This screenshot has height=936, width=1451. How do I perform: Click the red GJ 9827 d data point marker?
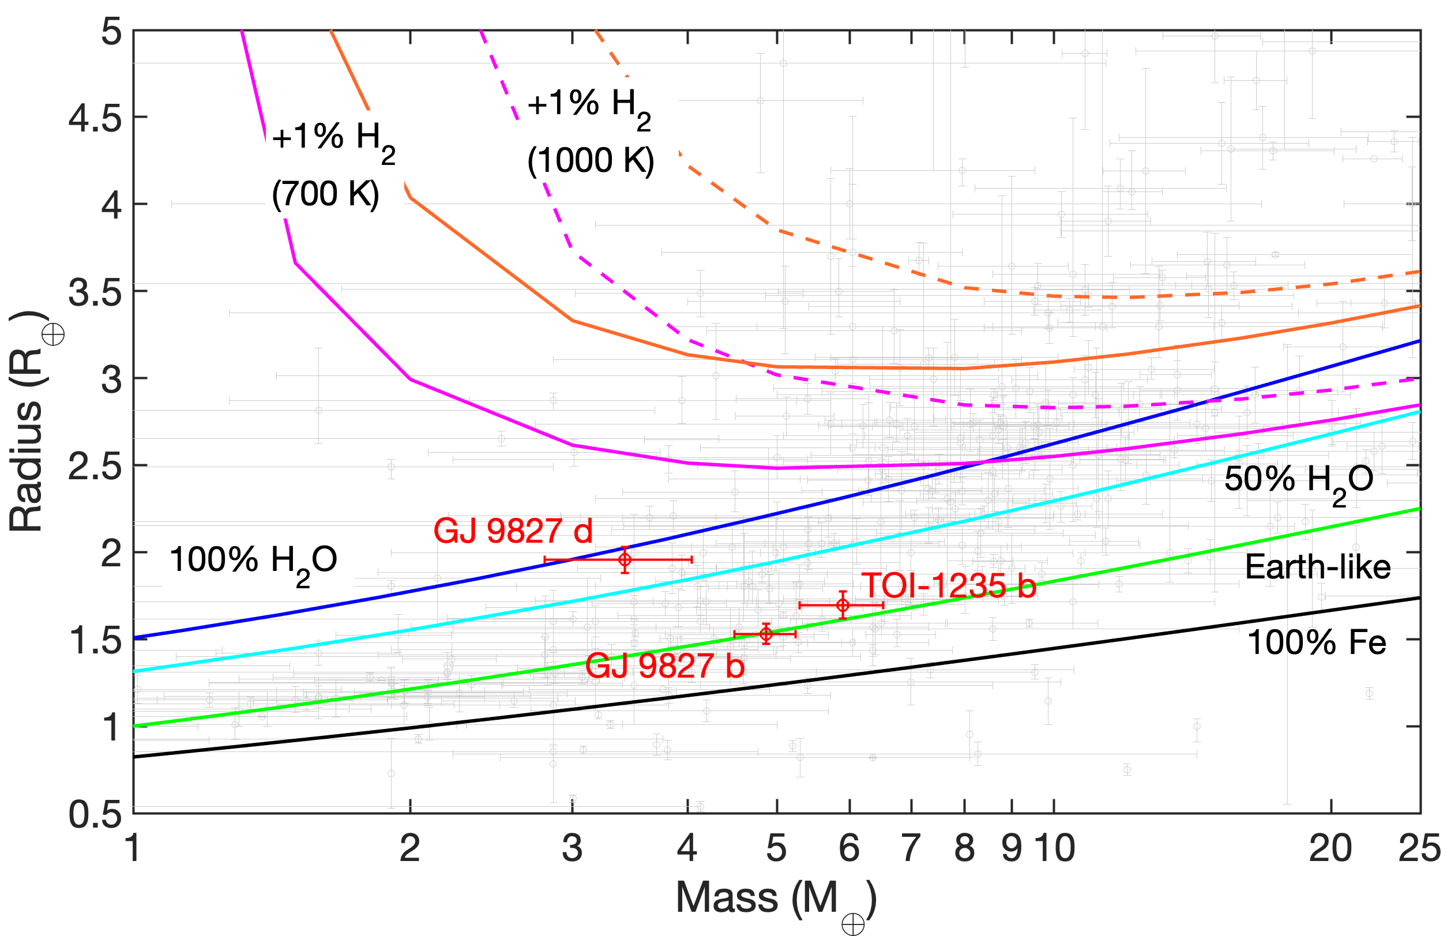pyautogui.click(x=625, y=560)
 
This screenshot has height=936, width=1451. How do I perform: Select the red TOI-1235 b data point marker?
pyautogui.click(x=843, y=606)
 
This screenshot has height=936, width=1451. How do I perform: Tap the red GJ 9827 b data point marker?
pyautogui.click(x=766, y=634)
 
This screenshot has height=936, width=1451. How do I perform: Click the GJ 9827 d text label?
pyautogui.click(x=513, y=531)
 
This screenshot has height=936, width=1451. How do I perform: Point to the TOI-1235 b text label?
pyautogui.click(x=949, y=586)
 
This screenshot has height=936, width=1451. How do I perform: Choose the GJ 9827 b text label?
pyautogui.click(x=665, y=666)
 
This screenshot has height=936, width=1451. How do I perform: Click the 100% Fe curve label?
pyautogui.click(x=1316, y=642)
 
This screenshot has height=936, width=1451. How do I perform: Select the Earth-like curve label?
pyautogui.click(x=1317, y=567)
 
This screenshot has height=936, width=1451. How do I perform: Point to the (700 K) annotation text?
pyautogui.click(x=326, y=194)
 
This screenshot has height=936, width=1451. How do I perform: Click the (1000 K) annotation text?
pyautogui.click(x=591, y=161)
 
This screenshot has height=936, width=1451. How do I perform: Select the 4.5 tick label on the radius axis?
pyautogui.click(x=95, y=118)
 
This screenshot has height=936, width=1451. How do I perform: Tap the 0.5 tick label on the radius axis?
pyautogui.click(x=95, y=814)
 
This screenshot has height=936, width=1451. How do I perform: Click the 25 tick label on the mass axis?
pyautogui.click(x=1419, y=848)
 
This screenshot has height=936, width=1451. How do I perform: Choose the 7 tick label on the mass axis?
pyautogui.click(x=910, y=848)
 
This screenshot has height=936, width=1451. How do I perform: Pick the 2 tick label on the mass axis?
pyautogui.click(x=410, y=848)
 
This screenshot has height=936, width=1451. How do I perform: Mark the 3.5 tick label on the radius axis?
pyautogui.click(x=95, y=292)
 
